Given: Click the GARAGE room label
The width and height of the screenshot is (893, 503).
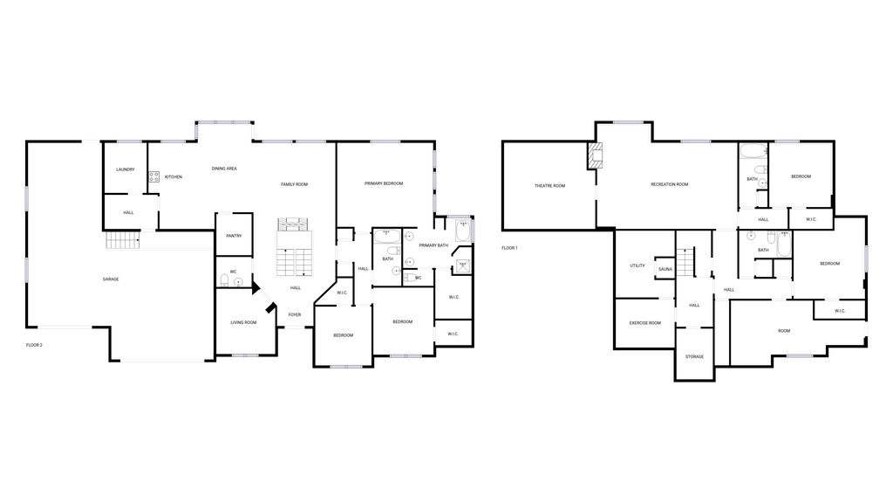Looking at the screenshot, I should tap(111, 279).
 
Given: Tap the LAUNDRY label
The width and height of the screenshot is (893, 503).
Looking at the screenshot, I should tap(126, 169).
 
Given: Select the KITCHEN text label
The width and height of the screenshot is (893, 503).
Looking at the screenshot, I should tap(174, 177).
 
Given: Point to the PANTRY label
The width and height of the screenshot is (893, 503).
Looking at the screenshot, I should tap(234, 236).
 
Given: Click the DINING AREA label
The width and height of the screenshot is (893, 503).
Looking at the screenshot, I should tap(224, 169).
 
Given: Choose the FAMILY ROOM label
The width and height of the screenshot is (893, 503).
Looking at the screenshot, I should tap(294, 184).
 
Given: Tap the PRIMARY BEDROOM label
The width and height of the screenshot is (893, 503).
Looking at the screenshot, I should tap(384, 183).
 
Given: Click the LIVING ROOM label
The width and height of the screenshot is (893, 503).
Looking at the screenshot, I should tap(243, 323).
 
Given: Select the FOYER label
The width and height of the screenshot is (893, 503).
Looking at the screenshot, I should tap(295, 314).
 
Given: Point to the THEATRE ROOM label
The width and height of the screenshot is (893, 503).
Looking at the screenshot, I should tap(550, 186).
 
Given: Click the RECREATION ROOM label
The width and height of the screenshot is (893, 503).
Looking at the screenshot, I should tap(670, 184).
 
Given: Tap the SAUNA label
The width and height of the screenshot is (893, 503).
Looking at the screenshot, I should tap(665, 269).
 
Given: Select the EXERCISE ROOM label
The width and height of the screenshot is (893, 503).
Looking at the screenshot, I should tap(645, 323).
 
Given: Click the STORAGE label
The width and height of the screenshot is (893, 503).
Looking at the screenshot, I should tap(694, 356).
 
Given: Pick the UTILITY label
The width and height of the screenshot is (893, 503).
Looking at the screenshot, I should tap(637, 265).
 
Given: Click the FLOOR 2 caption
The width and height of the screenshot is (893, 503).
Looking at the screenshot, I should tap(34, 346).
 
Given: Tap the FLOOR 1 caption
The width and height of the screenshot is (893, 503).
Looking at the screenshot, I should tap(509, 248).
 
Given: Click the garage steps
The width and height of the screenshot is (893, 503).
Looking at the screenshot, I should tap(123, 241).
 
